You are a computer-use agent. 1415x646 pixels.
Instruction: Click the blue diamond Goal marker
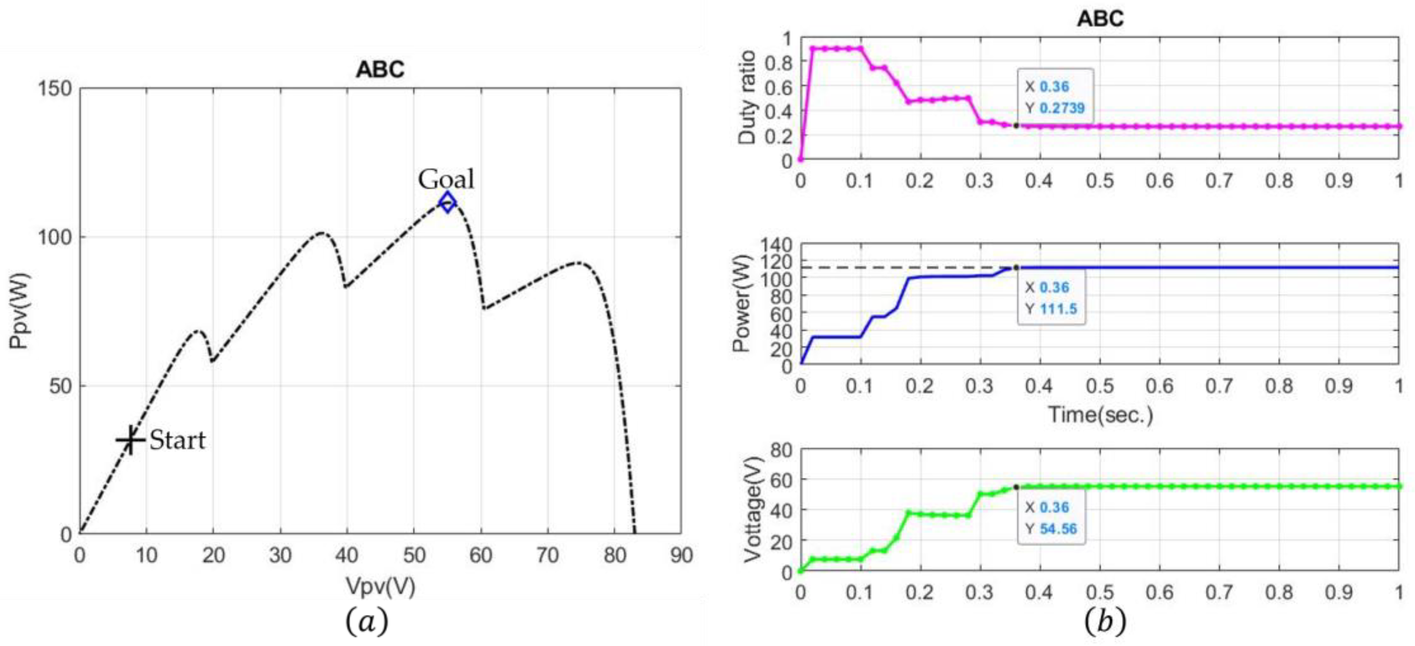(x=448, y=202)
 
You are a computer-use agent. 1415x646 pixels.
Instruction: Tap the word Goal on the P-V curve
(x=446, y=179)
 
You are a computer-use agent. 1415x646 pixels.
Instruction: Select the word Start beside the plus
(x=178, y=440)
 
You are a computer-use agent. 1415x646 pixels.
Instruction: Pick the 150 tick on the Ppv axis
(x=55, y=88)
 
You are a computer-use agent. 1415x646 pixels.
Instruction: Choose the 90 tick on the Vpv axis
(x=681, y=556)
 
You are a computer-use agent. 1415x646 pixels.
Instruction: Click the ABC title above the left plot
(x=380, y=69)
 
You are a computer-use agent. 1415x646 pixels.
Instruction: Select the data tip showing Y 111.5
(x=1051, y=298)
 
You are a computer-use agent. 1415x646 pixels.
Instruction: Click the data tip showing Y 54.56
(x=1051, y=518)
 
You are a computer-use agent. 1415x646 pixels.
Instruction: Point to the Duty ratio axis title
(x=747, y=98)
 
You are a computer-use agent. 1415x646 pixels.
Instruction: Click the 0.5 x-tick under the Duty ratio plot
(x=1100, y=181)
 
